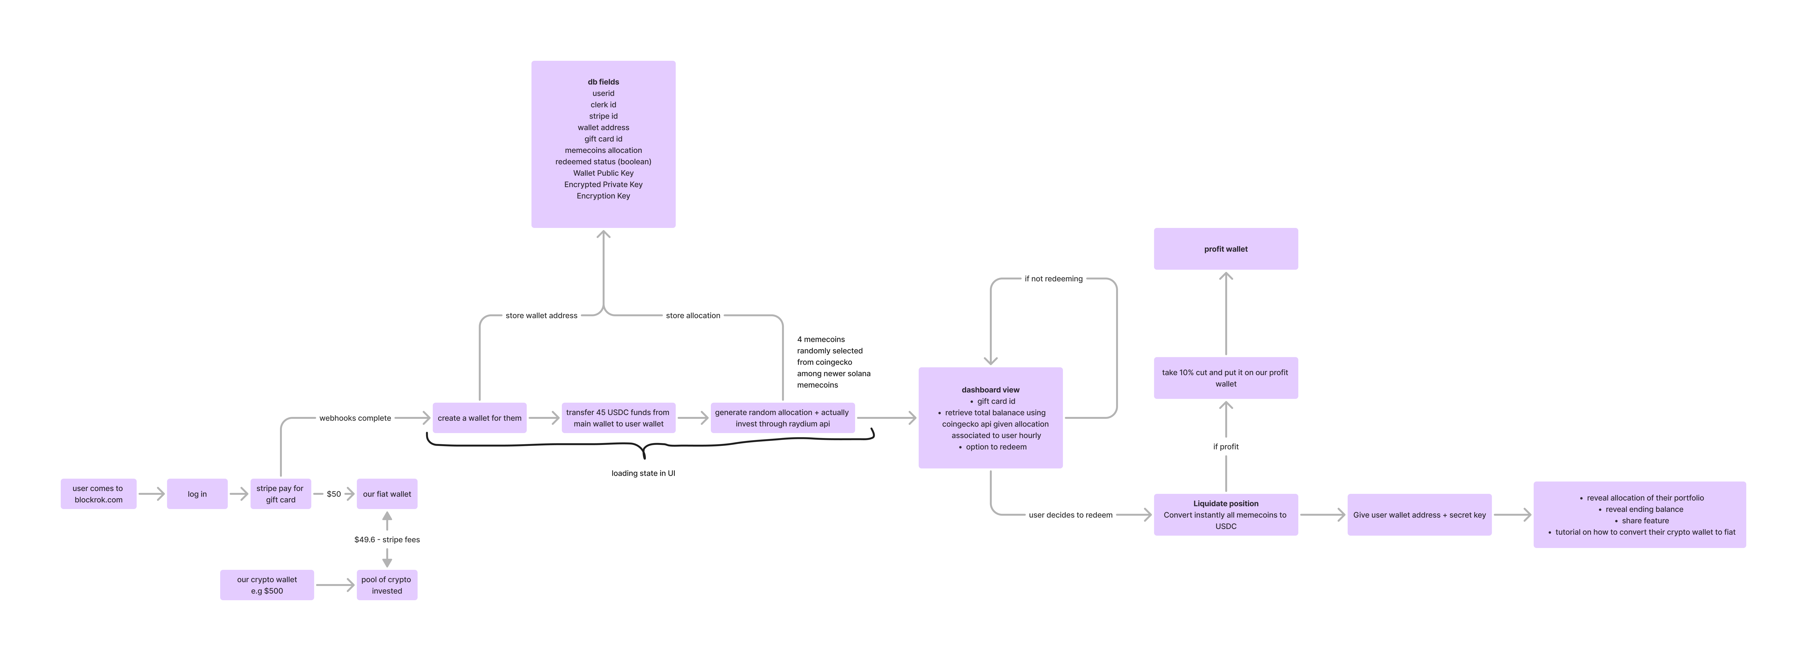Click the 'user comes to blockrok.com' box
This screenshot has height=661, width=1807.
click(98, 494)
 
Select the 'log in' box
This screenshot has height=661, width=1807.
click(197, 494)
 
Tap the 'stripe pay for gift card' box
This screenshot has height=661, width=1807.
click(281, 494)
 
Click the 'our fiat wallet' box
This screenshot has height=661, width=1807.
click(387, 494)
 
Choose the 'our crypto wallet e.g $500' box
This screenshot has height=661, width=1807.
click(267, 585)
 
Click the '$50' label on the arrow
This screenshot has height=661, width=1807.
click(334, 494)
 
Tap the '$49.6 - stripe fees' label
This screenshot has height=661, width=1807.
click(387, 540)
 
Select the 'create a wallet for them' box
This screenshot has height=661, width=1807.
click(480, 418)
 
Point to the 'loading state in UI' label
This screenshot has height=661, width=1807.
click(643, 474)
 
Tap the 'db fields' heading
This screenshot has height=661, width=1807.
click(603, 82)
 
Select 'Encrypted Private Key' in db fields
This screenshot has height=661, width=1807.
click(603, 184)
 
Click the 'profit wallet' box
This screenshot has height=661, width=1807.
click(1226, 249)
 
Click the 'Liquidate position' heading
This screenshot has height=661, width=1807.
click(1226, 504)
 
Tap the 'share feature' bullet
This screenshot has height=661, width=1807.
click(1645, 521)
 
